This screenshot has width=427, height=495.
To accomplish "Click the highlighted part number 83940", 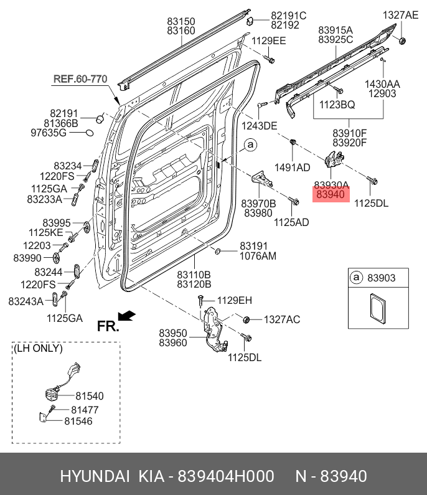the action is pyautogui.click(x=331, y=194).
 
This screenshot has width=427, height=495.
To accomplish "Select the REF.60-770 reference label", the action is pyautogui.click(x=80, y=79).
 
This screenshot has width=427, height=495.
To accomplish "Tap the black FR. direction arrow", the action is pyautogui.click(x=126, y=316).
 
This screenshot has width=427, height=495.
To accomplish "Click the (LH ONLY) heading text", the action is pyautogui.click(x=38, y=348).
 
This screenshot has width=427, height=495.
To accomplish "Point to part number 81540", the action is pyautogui.click(x=90, y=396).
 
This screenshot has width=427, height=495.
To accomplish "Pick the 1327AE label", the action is pyautogui.click(x=400, y=15).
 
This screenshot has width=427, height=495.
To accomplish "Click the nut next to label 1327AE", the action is pyautogui.click(x=402, y=40).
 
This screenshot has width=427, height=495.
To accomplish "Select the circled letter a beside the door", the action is pyautogui.click(x=251, y=145).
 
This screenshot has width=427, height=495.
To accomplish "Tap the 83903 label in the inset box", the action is pyautogui.click(x=381, y=278).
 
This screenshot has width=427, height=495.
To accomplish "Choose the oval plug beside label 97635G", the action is pyautogui.click(x=90, y=133).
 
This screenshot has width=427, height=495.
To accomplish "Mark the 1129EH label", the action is pyautogui.click(x=235, y=300).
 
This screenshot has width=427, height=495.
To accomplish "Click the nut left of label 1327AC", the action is pyautogui.click(x=246, y=319).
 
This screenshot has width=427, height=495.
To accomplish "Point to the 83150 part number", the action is pyautogui.click(x=181, y=21).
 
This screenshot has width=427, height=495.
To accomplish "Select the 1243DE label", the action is pyautogui.click(x=259, y=126).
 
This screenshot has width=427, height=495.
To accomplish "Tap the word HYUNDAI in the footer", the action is pyautogui.click(x=95, y=476).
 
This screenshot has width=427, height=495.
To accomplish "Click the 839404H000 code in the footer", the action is pyautogui.click(x=226, y=476).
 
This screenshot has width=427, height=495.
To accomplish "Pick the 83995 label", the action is pyautogui.click(x=57, y=223).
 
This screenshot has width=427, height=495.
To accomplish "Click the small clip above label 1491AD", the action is pyautogui.click(x=293, y=141).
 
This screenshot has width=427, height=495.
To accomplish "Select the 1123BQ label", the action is pyautogui.click(x=337, y=105).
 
